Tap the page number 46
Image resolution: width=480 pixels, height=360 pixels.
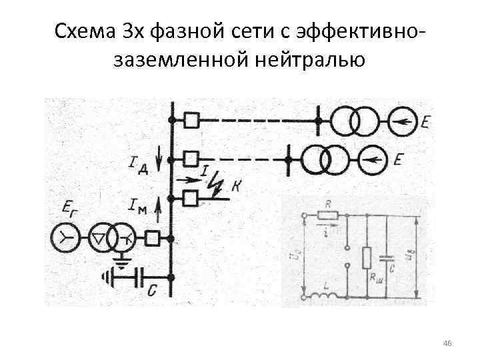click(x=447, y=343)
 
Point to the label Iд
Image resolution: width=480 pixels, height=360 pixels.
click(x=138, y=163)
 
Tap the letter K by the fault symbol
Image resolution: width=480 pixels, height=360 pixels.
click(x=236, y=187)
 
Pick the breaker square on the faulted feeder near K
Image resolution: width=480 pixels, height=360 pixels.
click(x=191, y=197)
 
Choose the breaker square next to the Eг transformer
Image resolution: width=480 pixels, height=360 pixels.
click(x=153, y=237)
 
